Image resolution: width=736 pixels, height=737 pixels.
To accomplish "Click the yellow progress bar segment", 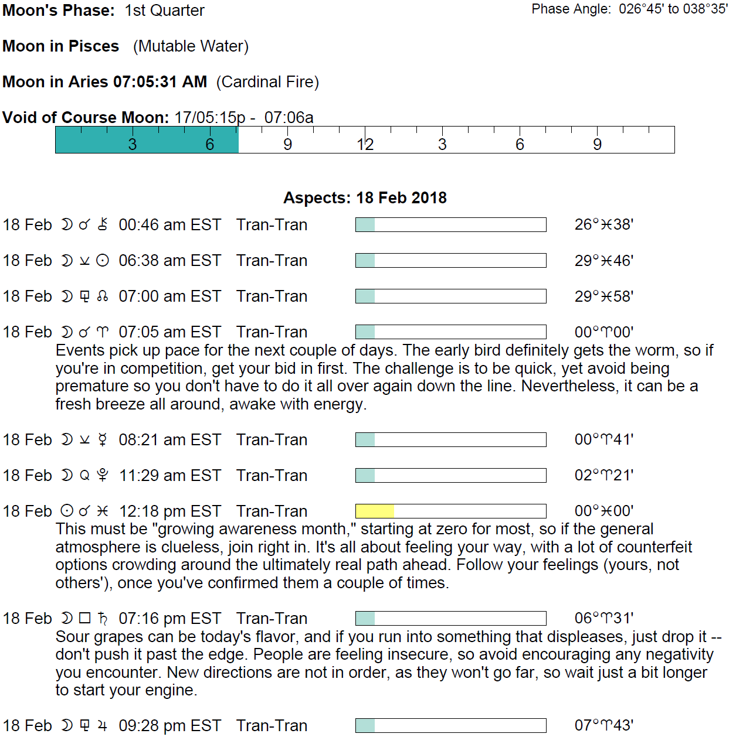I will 374,511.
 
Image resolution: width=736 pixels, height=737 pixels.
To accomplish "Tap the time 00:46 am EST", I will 169,225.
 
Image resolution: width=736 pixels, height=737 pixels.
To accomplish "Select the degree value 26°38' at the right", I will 603,225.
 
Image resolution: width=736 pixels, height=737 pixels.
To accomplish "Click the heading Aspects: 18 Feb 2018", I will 365,198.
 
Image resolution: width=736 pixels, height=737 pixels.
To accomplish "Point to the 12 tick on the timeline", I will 365,144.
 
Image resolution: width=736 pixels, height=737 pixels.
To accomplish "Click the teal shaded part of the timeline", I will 147,140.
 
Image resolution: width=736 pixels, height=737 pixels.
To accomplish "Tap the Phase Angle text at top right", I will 629,9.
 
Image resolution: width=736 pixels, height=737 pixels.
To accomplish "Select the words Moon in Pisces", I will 61,46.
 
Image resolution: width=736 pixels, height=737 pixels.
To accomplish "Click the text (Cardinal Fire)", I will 267,82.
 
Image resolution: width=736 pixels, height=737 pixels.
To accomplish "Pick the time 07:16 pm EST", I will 169,619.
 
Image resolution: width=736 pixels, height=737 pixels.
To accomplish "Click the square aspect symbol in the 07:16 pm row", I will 85,618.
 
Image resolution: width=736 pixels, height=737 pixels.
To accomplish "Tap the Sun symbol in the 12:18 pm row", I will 67,511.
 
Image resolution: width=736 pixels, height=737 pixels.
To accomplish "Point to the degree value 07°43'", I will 603,725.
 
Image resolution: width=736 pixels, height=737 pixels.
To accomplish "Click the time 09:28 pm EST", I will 169,726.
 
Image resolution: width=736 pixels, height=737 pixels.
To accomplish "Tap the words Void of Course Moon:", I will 86,118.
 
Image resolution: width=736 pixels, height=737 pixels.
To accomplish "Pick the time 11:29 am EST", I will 169,476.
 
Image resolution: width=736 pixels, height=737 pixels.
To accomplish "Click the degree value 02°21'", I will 603,475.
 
